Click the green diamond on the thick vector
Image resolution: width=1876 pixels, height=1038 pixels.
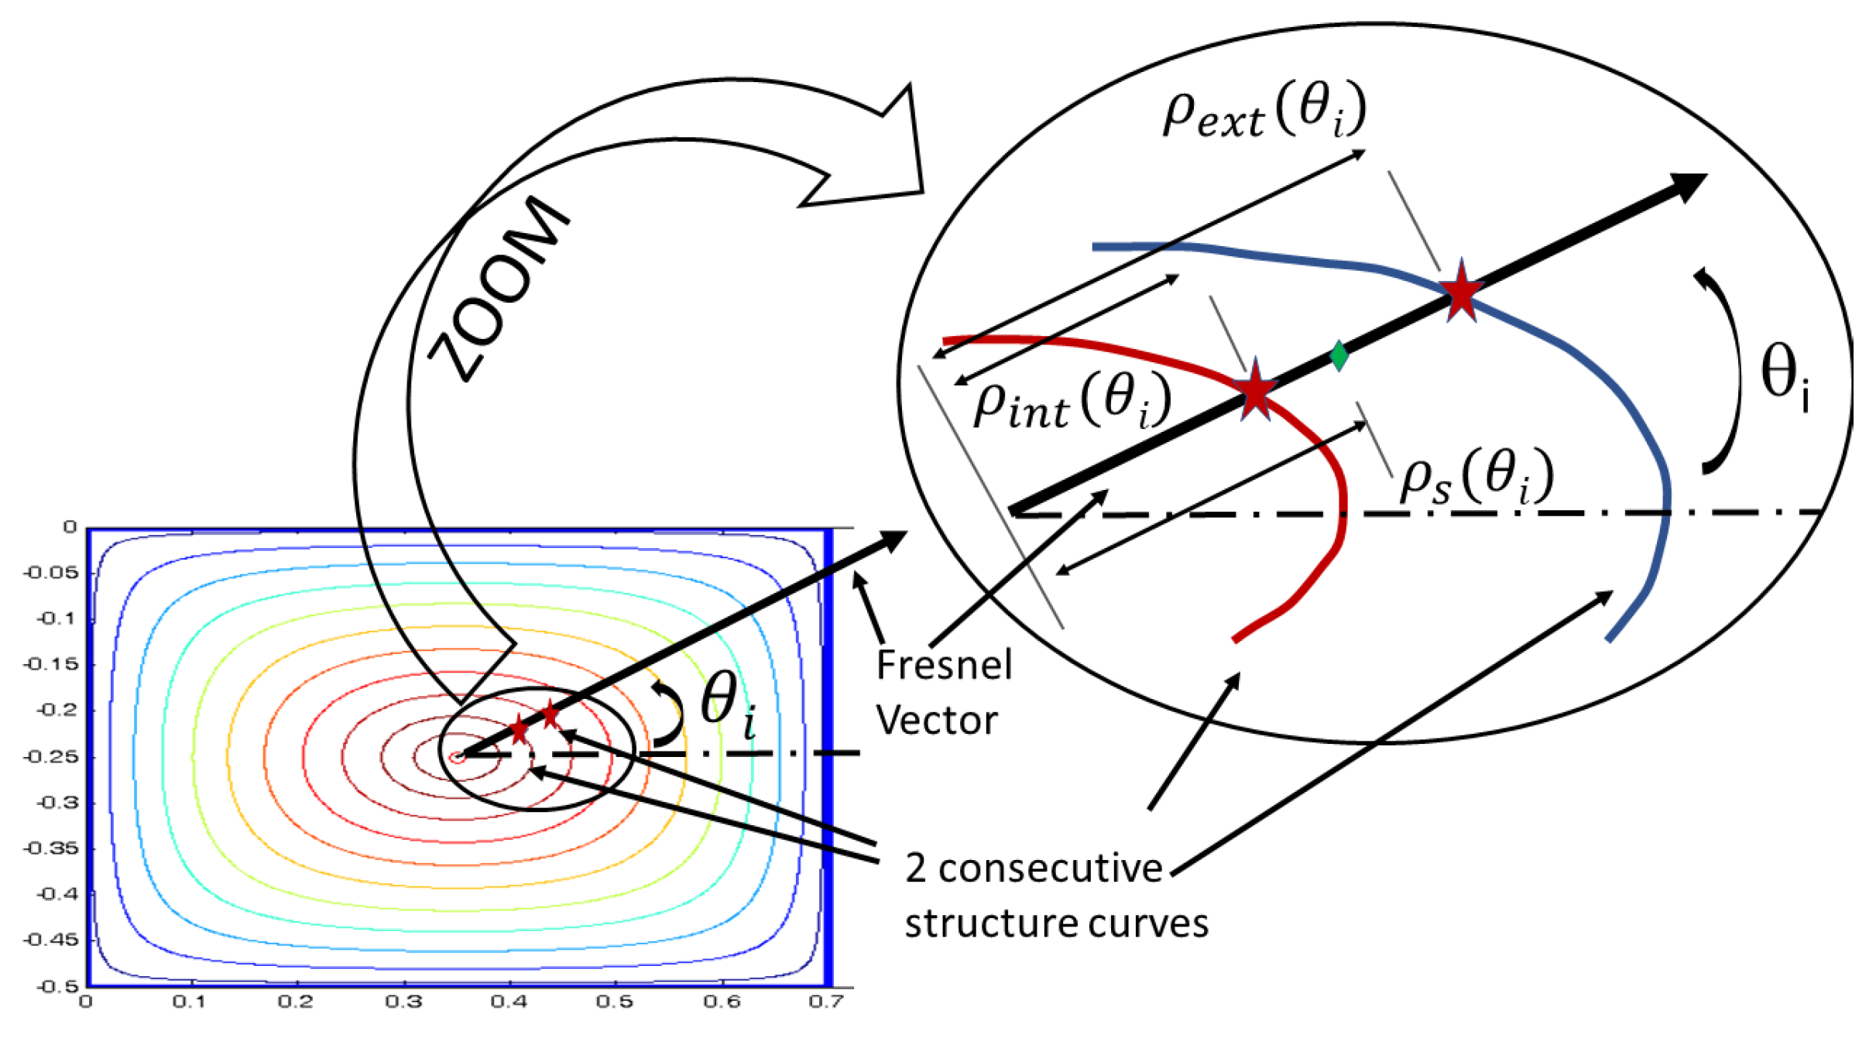[1339, 356]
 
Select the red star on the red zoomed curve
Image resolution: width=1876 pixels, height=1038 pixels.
[1254, 390]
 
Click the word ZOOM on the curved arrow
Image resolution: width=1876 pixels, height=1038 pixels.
[500, 288]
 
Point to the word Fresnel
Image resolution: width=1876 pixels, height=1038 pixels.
[944, 665]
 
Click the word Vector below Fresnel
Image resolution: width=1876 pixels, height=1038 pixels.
[937, 721]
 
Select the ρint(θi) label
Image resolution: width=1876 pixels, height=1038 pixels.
[1072, 401]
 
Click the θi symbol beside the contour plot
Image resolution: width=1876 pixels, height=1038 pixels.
[728, 704]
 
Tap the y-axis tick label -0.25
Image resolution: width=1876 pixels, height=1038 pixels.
[51, 756]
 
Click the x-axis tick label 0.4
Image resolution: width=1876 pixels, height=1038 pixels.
[509, 1002]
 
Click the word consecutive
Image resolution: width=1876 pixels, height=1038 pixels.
[1050, 868]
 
